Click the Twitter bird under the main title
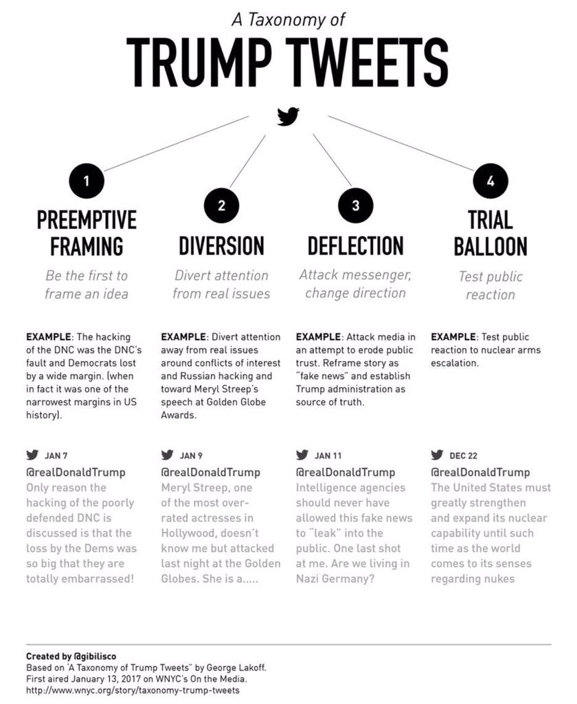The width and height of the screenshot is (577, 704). [288, 116]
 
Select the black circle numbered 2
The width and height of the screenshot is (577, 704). [221, 205]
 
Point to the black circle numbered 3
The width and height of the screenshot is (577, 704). [356, 205]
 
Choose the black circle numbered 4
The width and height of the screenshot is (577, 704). [490, 181]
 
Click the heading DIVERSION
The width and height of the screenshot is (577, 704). [221, 245]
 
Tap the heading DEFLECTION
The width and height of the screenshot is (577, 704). [355, 245]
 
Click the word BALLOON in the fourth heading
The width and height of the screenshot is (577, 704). [490, 246]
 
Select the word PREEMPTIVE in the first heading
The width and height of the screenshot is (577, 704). [87, 220]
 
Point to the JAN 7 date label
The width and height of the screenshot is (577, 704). [56, 455]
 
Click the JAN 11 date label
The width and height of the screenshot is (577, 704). [328, 455]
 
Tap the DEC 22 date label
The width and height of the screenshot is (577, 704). [464, 455]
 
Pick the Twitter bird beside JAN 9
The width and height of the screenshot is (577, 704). [167, 454]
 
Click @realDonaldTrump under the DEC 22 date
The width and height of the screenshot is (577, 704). [480, 472]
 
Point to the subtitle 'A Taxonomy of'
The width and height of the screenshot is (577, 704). [288, 21]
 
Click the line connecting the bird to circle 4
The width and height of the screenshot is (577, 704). [402, 143]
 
